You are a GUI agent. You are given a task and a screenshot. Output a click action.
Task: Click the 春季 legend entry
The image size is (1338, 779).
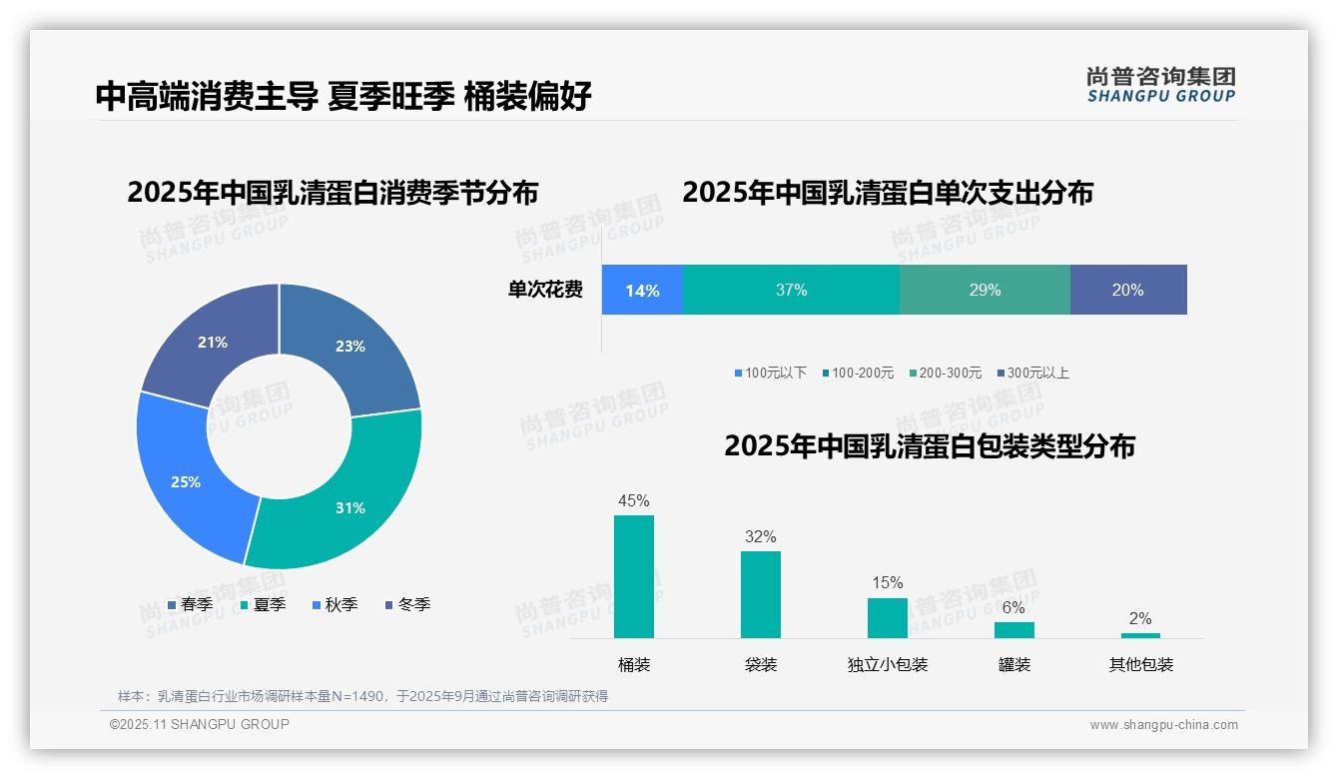pos(191,604)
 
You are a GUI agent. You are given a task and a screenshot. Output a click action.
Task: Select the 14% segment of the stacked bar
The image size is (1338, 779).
pos(642,291)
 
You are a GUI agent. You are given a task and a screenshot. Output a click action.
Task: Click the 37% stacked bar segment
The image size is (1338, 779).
pos(791,291)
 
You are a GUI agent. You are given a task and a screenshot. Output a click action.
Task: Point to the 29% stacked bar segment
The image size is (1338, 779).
pos(985,291)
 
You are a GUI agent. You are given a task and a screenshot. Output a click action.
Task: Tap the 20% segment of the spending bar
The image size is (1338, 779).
pos(1128,291)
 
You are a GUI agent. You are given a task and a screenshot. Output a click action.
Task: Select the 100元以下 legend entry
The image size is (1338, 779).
pos(770,373)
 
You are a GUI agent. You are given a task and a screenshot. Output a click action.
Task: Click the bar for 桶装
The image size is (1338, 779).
pos(634,576)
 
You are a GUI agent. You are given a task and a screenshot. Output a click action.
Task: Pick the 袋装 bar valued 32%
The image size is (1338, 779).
pos(761,594)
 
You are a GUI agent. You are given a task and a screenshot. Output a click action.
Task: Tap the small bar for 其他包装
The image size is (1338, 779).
pos(1140,635)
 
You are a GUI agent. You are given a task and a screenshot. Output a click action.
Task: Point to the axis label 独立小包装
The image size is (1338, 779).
pos(888,665)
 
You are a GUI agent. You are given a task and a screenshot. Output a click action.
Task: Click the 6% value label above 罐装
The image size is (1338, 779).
pos(1013,607)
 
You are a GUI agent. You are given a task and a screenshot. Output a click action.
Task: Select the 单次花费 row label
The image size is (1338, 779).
pos(545,291)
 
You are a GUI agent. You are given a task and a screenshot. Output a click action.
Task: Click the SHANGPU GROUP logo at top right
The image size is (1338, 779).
pos(1161,85)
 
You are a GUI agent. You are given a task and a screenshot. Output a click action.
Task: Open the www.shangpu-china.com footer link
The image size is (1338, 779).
pos(1163,725)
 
